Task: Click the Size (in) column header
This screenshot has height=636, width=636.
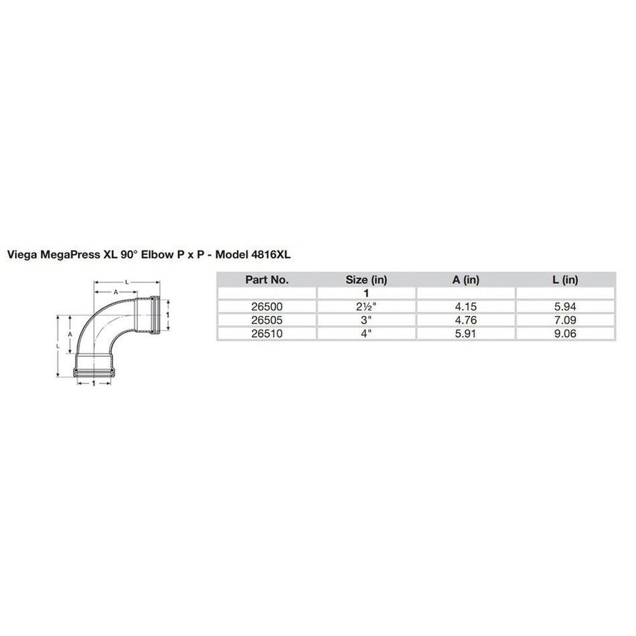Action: [x=367, y=281]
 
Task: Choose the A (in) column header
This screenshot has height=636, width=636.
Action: [x=466, y=281]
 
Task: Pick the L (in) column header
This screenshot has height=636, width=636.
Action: [x=565, y=281]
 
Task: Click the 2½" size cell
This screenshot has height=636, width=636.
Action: [x=367, y=306]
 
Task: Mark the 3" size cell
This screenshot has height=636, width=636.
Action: [x=367, y=319]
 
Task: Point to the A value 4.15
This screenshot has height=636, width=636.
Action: [x=466, y=306]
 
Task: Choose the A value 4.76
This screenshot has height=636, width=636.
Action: [x=466, y=319]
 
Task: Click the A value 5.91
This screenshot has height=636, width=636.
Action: [x=466, y=332]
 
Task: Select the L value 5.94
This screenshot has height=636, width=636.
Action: [x=565, y=306]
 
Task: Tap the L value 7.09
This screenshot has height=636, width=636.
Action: [x=565, y=319]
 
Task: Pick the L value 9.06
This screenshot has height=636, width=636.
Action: [x=565, y=332]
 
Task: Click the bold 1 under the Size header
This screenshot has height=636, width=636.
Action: [x=367, y=293]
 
